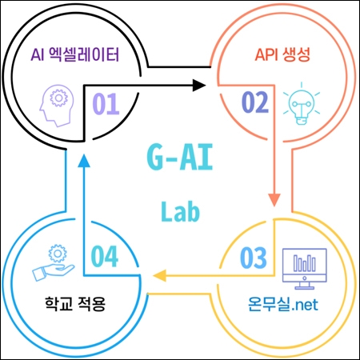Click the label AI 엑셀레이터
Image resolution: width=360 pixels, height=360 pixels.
[75, 55]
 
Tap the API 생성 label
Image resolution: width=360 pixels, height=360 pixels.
[282, 55]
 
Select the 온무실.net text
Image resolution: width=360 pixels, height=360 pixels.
[283, 304]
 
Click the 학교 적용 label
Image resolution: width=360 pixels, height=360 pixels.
[75, 303]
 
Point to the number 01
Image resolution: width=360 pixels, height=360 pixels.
[106, 104]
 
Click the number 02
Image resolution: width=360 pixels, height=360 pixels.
[255, 102]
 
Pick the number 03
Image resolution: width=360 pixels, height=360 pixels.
[254, 258]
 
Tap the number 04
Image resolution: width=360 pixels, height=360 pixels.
[105, 256]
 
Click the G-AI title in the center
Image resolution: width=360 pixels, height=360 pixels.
[180, 157]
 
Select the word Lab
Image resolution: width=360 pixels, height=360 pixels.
[180, 211]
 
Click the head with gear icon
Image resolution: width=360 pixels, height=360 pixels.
[57, 106]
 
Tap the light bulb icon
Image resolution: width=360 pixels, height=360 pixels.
[302, 103]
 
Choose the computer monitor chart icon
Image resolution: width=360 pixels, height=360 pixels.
[305, 269]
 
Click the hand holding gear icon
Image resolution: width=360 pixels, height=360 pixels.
[54, 262]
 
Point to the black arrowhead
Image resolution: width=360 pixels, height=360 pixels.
[199, 86]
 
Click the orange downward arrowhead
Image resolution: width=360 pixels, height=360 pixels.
[274, 200]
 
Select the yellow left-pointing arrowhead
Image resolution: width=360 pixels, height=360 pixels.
[159, 275]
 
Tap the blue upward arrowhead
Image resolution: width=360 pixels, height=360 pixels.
[84, 161]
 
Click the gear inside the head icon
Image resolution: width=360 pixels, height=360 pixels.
[58, 98]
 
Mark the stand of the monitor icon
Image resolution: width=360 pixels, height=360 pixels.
[305, 286]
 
